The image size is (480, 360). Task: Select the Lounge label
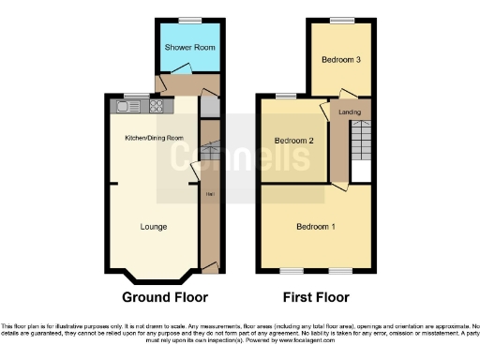pyautogui.click(x=154, y=226)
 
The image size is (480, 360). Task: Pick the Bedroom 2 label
pyautogui.click(x=293, y=142)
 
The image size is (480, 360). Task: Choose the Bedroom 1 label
pyautogui.click(x=316, y=227)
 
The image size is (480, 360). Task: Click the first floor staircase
pyautogui.click(x=361, y=145)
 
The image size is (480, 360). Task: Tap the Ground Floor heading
pyautogui.click(x=164, y=297)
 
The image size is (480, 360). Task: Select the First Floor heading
pyautogui.click(x=315, y=297)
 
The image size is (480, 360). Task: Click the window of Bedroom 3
pyautogui.click(x=340, y=20)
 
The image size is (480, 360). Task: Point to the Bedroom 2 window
pyautogui.click(x=285, y=95)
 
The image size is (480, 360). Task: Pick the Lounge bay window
pyautogui.click(x=156, y=279)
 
